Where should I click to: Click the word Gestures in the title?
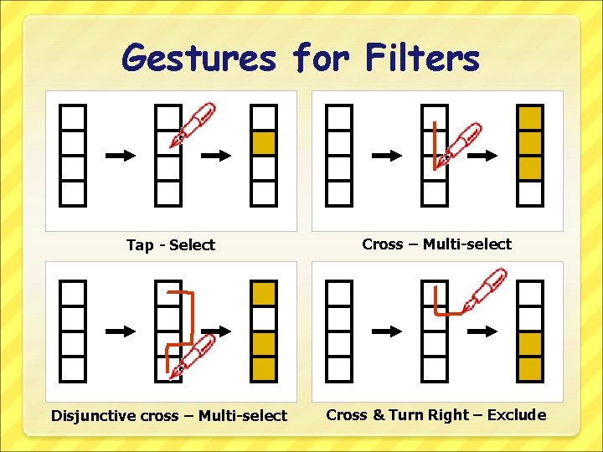click(x=198, y=59)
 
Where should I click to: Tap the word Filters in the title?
click(x=422, y=59)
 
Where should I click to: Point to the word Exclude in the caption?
click(x=516, y=415)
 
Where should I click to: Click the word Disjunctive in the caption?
click(x=93, y=416)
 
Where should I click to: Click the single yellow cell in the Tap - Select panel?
click(x=264, y=144)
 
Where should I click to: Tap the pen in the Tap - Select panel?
click(x=193, y=125)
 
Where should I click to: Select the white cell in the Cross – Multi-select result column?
click(x=530, y=193)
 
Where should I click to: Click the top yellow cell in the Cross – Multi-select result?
click(x=530, y=118)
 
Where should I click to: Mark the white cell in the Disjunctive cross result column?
click(x=264, y=319)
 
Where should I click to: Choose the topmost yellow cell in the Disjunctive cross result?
click(x=264, y=294)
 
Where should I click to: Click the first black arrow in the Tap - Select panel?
click(x=120, y=156)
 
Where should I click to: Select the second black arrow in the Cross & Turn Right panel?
click(x=483, y=331)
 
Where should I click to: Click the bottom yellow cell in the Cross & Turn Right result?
click(x=530, y=368)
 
